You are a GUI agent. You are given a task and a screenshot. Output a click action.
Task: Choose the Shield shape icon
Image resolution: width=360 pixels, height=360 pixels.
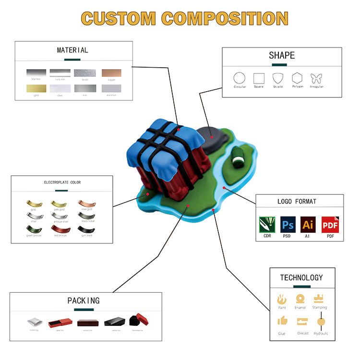(278, 78)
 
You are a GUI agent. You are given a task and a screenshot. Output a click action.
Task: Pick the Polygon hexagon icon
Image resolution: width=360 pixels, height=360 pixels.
(298, 78)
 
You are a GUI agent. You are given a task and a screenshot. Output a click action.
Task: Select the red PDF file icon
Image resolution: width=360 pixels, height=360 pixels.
(329, 225)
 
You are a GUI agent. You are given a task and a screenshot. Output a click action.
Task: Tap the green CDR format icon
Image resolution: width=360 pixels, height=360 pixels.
(267, 225)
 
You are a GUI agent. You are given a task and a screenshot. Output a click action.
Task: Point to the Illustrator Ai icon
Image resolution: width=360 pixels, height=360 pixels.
(308, 225)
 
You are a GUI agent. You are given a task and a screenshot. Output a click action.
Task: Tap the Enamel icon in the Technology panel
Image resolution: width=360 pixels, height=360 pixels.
(300, 299)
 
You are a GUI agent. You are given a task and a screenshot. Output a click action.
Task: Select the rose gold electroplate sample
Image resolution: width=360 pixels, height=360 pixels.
(87, 204)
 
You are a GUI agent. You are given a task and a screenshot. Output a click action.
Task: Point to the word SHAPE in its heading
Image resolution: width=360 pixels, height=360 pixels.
(282, 56)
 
